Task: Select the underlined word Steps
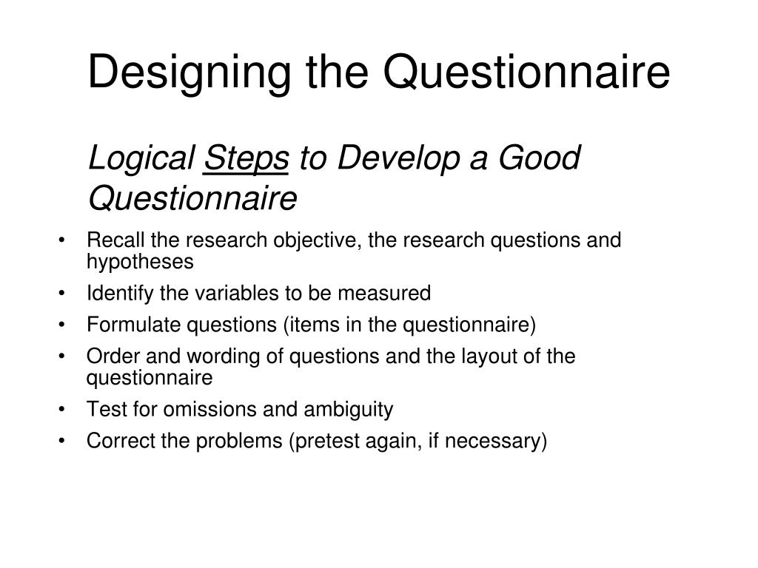coord(246,158)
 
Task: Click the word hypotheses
coord(140,263)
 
